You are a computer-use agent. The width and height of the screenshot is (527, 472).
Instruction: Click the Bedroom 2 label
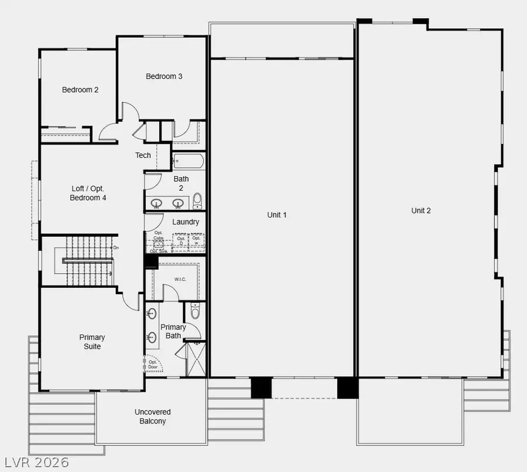tap(80, 90)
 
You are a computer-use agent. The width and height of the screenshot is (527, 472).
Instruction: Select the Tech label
tap(143, 156)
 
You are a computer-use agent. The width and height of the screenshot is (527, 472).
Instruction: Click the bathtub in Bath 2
tap(188, 161)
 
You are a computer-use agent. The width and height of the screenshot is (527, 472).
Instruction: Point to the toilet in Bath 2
tap(197, 201)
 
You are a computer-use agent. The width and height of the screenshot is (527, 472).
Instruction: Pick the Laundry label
tap(186, 222)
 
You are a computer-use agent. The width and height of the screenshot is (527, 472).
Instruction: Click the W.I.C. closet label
tap(180, 280)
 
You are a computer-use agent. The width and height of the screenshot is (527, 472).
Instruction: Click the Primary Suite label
tap(92, 342)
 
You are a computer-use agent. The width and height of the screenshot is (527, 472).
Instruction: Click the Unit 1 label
tap(277, 215)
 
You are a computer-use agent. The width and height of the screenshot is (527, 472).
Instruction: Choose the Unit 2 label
tap(420, 211)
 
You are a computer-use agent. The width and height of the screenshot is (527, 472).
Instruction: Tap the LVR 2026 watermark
tap(35, 462)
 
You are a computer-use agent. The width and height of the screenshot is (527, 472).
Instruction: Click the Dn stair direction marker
tap(116, 248)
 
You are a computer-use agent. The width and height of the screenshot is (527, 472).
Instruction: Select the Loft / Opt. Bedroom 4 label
tap(89, 193)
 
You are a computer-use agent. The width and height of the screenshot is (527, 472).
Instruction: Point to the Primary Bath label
tap(173, 332)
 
